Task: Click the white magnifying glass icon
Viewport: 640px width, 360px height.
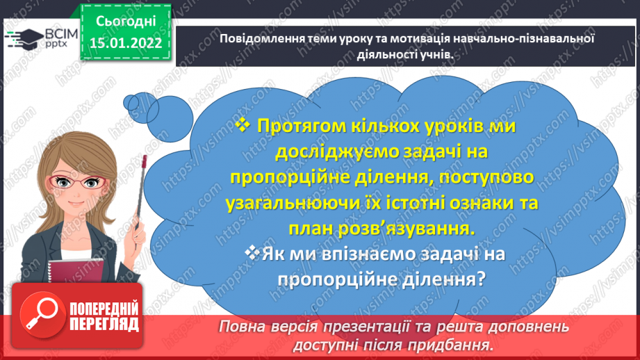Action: pyautogui.click(x=40, y=313)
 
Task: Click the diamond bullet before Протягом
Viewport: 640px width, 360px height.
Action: pyautogui.click(x=243, y=124)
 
